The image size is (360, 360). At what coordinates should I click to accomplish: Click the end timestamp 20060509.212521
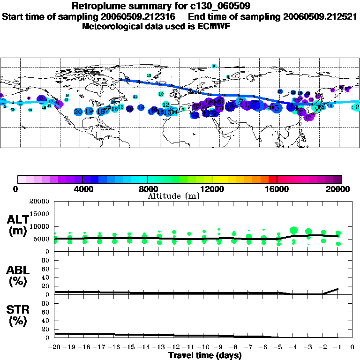pos(321,16)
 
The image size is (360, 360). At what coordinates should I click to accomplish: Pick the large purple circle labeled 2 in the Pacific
pos(42,99)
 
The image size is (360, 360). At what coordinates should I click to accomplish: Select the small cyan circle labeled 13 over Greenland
pos(149,75)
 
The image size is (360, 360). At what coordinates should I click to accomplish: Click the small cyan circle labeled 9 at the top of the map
pos(214,67)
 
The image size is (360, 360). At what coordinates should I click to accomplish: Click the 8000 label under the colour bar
pos(147,189)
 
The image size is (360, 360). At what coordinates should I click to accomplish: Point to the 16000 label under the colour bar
pos(277,189)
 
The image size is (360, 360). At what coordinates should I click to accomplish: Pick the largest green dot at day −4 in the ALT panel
pos(294,230)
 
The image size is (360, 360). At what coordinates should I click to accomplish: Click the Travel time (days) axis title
pos(205,356)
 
